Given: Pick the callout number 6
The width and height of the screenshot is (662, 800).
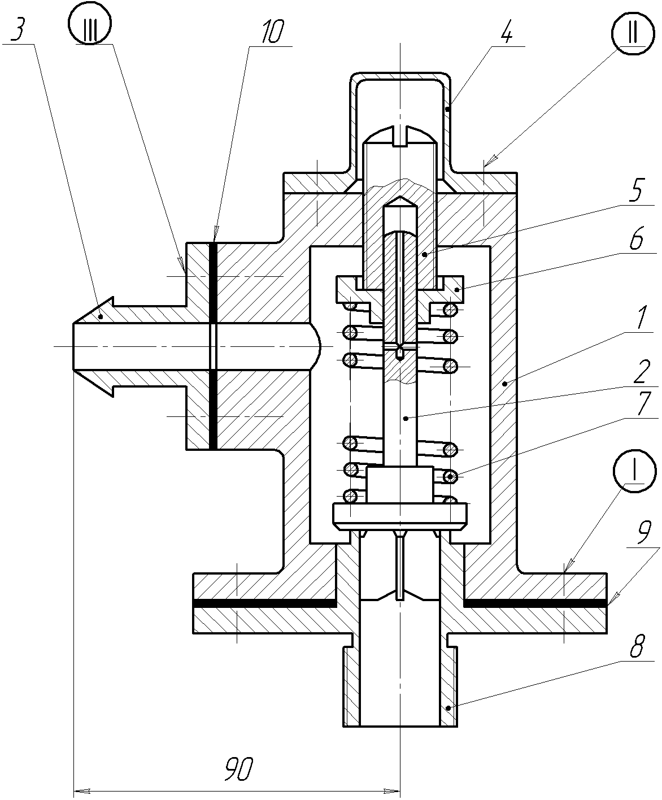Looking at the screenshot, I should [636, 241].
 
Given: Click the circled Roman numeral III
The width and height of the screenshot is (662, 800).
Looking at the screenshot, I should [90, 28].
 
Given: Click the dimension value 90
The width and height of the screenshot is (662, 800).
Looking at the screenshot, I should [238, 769].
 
